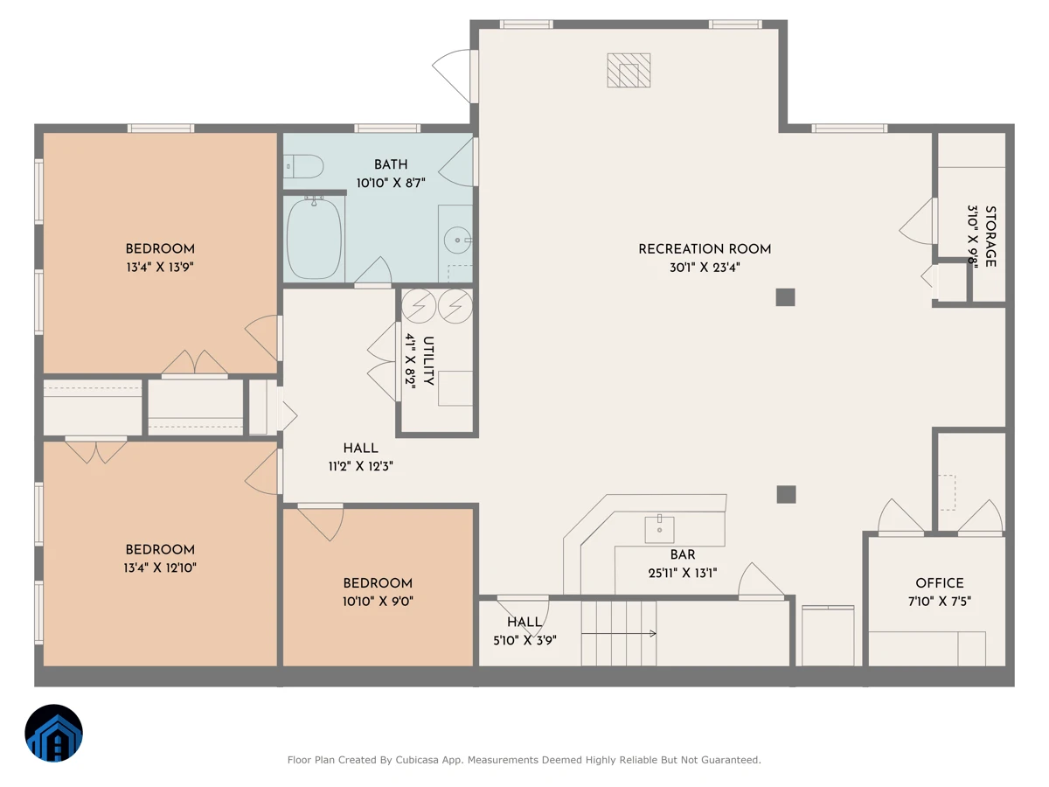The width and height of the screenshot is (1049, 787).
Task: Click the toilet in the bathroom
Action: coord(303,166)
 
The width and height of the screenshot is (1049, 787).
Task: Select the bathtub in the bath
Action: coord(315,238)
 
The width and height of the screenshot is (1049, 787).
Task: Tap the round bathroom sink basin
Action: coord(457,240)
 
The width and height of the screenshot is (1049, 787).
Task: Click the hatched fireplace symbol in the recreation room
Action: coord(629,70)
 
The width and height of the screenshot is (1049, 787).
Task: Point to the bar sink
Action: coord(659,529)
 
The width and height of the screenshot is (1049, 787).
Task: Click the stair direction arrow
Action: coord(619,634)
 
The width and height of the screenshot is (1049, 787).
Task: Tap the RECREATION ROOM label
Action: coord(705,249)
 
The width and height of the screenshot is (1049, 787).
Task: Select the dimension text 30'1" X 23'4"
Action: coord(705,267)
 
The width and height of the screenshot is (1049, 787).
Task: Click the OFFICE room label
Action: coord(940,583)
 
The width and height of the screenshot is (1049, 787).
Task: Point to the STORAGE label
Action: coord(990,236)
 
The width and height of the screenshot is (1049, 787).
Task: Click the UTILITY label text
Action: coord(428,361)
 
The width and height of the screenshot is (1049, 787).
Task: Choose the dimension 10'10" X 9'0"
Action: coord(378,601)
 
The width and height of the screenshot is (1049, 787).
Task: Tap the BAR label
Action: coord(683,554)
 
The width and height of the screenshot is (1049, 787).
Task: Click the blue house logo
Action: coord(53,733)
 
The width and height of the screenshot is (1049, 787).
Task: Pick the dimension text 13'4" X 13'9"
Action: coord(160,267)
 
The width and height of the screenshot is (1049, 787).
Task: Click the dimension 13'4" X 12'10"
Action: coord(160,568)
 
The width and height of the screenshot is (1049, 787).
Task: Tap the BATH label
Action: coord(391,164)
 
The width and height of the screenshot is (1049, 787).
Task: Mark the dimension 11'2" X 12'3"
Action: coord(360,466)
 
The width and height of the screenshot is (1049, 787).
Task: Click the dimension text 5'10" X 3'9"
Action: coord(524,640)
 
